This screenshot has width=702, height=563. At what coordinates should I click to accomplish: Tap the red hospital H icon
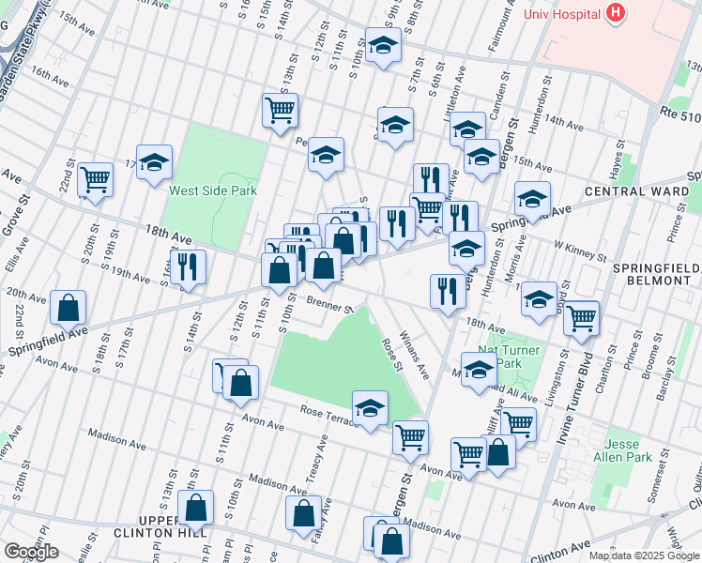(616, 12)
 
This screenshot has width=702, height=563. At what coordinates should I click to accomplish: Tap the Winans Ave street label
(412, 353)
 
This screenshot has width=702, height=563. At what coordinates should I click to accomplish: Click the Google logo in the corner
(32, 552)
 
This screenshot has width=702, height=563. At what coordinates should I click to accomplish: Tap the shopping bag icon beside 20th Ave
(69, 307)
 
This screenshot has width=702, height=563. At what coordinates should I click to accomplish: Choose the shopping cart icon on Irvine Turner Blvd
(581, 317)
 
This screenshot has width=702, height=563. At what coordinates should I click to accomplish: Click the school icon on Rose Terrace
(370, 408)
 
